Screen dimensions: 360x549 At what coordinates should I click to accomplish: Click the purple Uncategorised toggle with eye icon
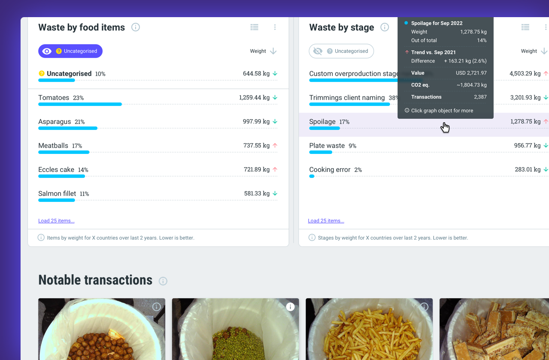click(70, 51)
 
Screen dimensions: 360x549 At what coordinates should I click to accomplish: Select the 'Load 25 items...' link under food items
click(56, 221)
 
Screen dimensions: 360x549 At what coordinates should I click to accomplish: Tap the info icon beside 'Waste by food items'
click(136, 27)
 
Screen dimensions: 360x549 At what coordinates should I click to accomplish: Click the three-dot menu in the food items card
click(275, 27)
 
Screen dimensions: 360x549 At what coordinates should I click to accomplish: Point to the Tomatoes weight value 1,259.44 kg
click(254, 98)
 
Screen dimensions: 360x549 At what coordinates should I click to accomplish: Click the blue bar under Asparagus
click(68, 128)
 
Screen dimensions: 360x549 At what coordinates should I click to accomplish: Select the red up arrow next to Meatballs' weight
click(275, 146)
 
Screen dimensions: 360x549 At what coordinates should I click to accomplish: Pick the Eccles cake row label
click(56, 170)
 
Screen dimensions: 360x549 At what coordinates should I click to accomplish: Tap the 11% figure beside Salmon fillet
click(84, 194)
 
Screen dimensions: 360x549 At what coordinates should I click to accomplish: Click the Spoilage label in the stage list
click(322, 122)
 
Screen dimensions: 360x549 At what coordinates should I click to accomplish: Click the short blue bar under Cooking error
click(312, 176)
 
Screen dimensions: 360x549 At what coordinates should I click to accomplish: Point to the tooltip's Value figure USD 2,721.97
click(471, 73)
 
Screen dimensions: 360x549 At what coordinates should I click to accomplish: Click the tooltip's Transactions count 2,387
click(480, 97)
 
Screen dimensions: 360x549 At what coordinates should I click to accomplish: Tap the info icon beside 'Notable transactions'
click(163, 281)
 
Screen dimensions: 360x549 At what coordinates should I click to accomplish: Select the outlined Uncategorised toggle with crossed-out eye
click(341, 51)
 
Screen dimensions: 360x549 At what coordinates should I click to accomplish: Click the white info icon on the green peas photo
click(290, 307)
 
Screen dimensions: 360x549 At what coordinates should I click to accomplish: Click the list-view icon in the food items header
click(254, 27)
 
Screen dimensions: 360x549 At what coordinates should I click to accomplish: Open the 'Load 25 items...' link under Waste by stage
click(326, 221)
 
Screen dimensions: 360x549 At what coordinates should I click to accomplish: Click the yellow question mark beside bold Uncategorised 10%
click(42, 74)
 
